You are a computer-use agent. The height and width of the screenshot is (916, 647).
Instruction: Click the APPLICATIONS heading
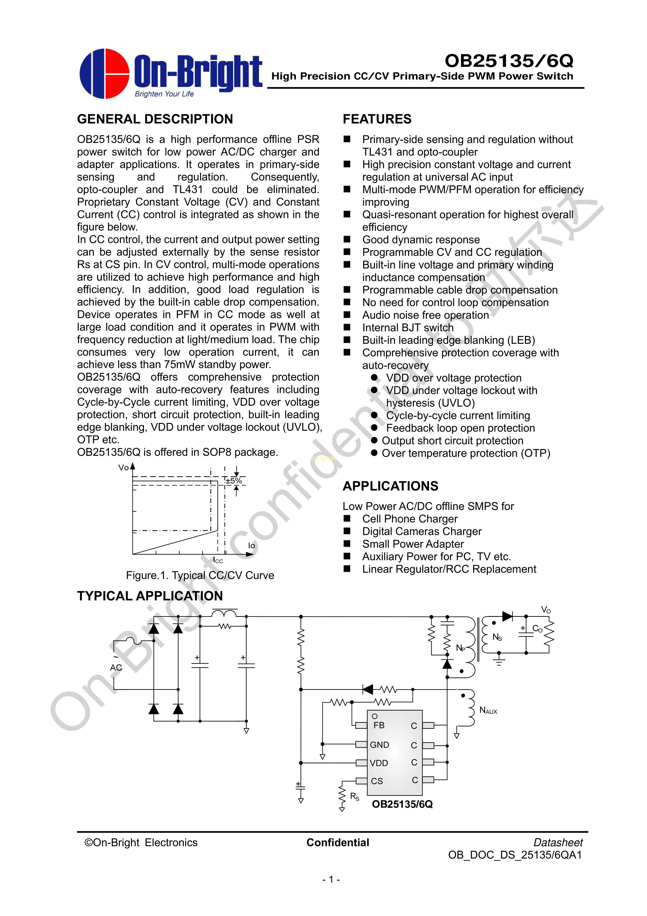[x=390, y=486]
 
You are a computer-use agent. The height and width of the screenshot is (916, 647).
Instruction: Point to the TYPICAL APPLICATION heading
[x=150, y=596]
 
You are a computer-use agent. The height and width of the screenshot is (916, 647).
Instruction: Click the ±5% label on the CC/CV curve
[x=234, y=481]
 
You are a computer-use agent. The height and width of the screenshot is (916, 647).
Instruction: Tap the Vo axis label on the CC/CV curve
[x=124, y=468]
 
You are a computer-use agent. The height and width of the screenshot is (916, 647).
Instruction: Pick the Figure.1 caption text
[x=200, y=575]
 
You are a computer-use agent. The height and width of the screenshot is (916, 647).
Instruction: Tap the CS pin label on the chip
[x=377, y=781]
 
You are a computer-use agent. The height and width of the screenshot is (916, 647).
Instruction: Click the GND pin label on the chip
[x=379, y=745]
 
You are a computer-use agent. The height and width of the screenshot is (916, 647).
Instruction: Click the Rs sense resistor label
[x=354, y=797]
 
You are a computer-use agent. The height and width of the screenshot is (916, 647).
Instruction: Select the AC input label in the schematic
[x=116, y=667]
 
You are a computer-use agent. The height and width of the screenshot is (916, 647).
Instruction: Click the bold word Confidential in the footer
[x=338, y=843]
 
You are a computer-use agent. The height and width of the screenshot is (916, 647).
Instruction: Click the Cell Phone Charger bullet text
[x=409, y=519]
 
